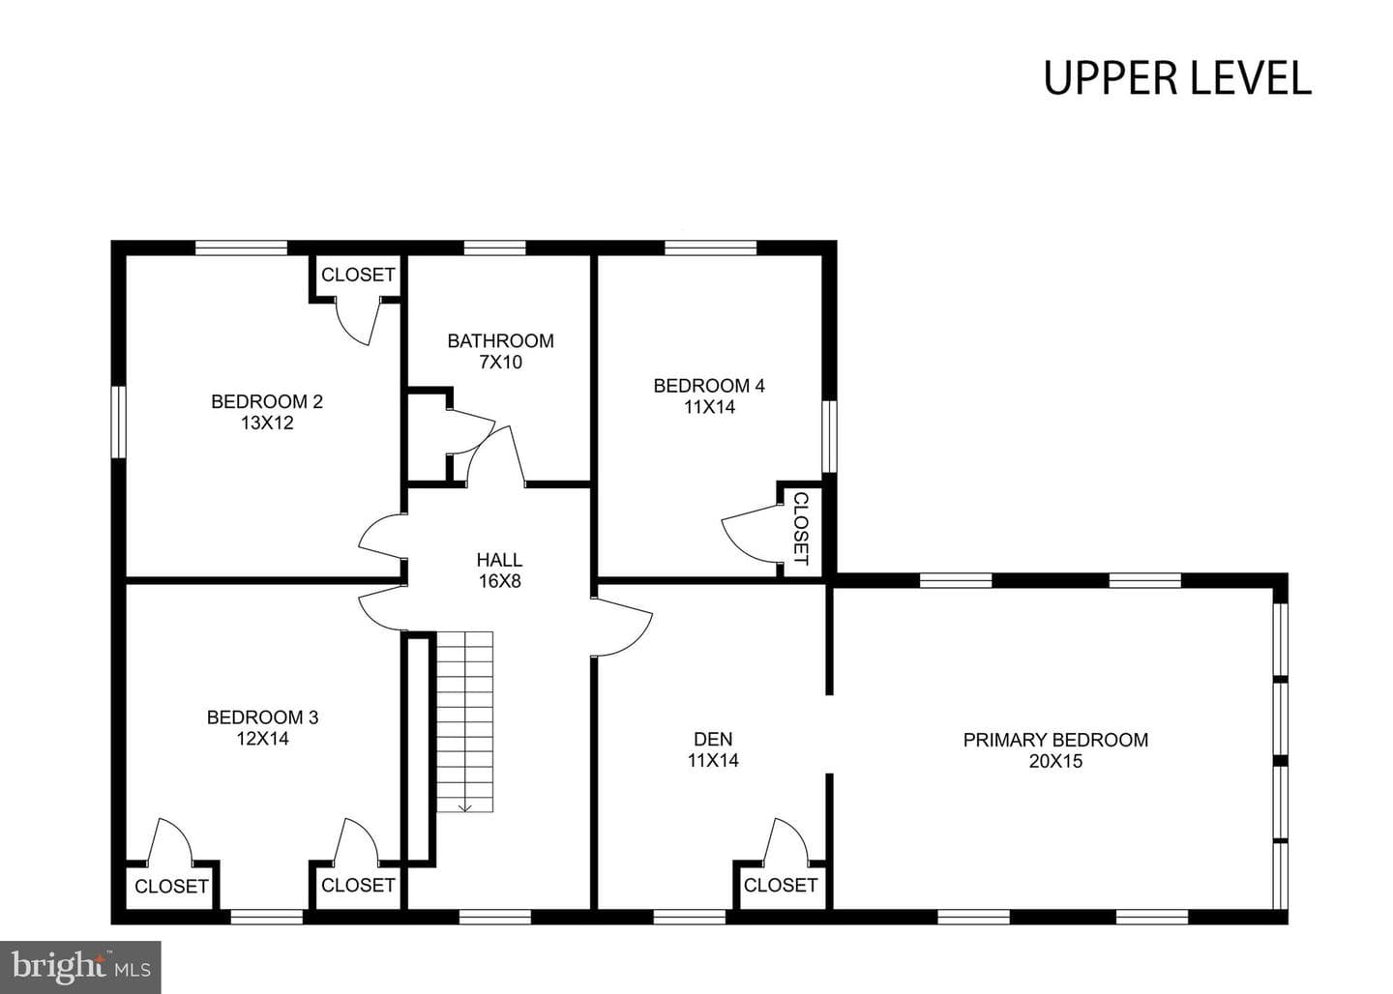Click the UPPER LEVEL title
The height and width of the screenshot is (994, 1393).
click(x=1177, y=78)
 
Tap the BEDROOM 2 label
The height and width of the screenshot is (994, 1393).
click(x=267, y=401)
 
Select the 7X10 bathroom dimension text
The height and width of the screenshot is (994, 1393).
click(x=501, y=362)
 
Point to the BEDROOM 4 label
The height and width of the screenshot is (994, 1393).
click(x=709, y=386)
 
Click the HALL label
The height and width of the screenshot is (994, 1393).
click(x=499, y=560)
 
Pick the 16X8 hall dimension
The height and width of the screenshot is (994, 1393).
click(x=499, y=581)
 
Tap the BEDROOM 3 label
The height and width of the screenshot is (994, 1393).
click(x=262, y=717)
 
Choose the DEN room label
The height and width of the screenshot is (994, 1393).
click(x=713, y=739)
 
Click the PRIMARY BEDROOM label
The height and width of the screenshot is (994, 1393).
click(x=1055, y=740)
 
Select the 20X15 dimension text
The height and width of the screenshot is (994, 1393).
click(x=1055, y=761)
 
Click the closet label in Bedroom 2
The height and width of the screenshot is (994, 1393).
click(x=358, y=275)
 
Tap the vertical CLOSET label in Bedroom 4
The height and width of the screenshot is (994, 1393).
click(x=802, y=528)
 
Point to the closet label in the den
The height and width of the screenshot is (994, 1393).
click(x=780, y=885)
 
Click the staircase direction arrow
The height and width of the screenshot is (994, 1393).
click(x=465, y=806)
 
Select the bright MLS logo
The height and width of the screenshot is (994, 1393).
click(x=81, y=967)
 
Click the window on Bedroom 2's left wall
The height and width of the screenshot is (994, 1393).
click(x=118, y=423)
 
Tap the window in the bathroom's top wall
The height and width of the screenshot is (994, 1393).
click(x=495, y=248)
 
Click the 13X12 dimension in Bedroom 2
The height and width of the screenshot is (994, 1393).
click(x=267, y=423)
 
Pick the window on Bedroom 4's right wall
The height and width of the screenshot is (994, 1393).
click(x=830, y=436)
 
